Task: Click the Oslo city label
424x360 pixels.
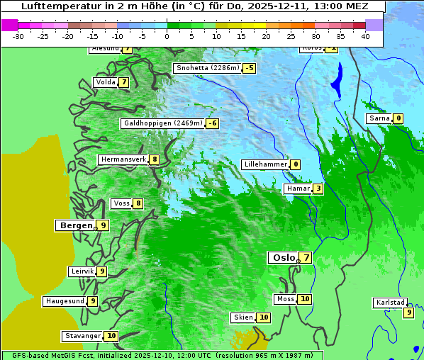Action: click(283, 258)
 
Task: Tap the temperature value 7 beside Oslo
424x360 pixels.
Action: click(306, 258)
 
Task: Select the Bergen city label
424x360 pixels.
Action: click(74, 225)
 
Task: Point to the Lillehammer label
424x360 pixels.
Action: click(265, 164)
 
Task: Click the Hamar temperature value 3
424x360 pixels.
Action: click(318, 189)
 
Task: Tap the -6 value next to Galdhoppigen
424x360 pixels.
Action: click(212, 123)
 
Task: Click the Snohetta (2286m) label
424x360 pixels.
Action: click(207, 68)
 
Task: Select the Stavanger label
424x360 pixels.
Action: click(82, 336)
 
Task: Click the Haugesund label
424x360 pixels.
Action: click(65, 301)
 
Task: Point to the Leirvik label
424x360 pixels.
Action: click(82, 271)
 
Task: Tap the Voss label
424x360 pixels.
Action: click(121, 203)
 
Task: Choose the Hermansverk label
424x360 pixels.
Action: click(123, 159)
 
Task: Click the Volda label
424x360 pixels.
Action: click(104, 82)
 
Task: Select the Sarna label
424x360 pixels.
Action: click(379, 118)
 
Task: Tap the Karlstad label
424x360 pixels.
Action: click(390, 303)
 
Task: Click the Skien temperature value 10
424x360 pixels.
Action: click(264, 317)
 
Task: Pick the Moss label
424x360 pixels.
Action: click(285, 299)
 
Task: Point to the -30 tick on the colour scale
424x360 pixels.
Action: click(18, 36)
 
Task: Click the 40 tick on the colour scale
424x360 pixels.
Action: click(365, 36)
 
